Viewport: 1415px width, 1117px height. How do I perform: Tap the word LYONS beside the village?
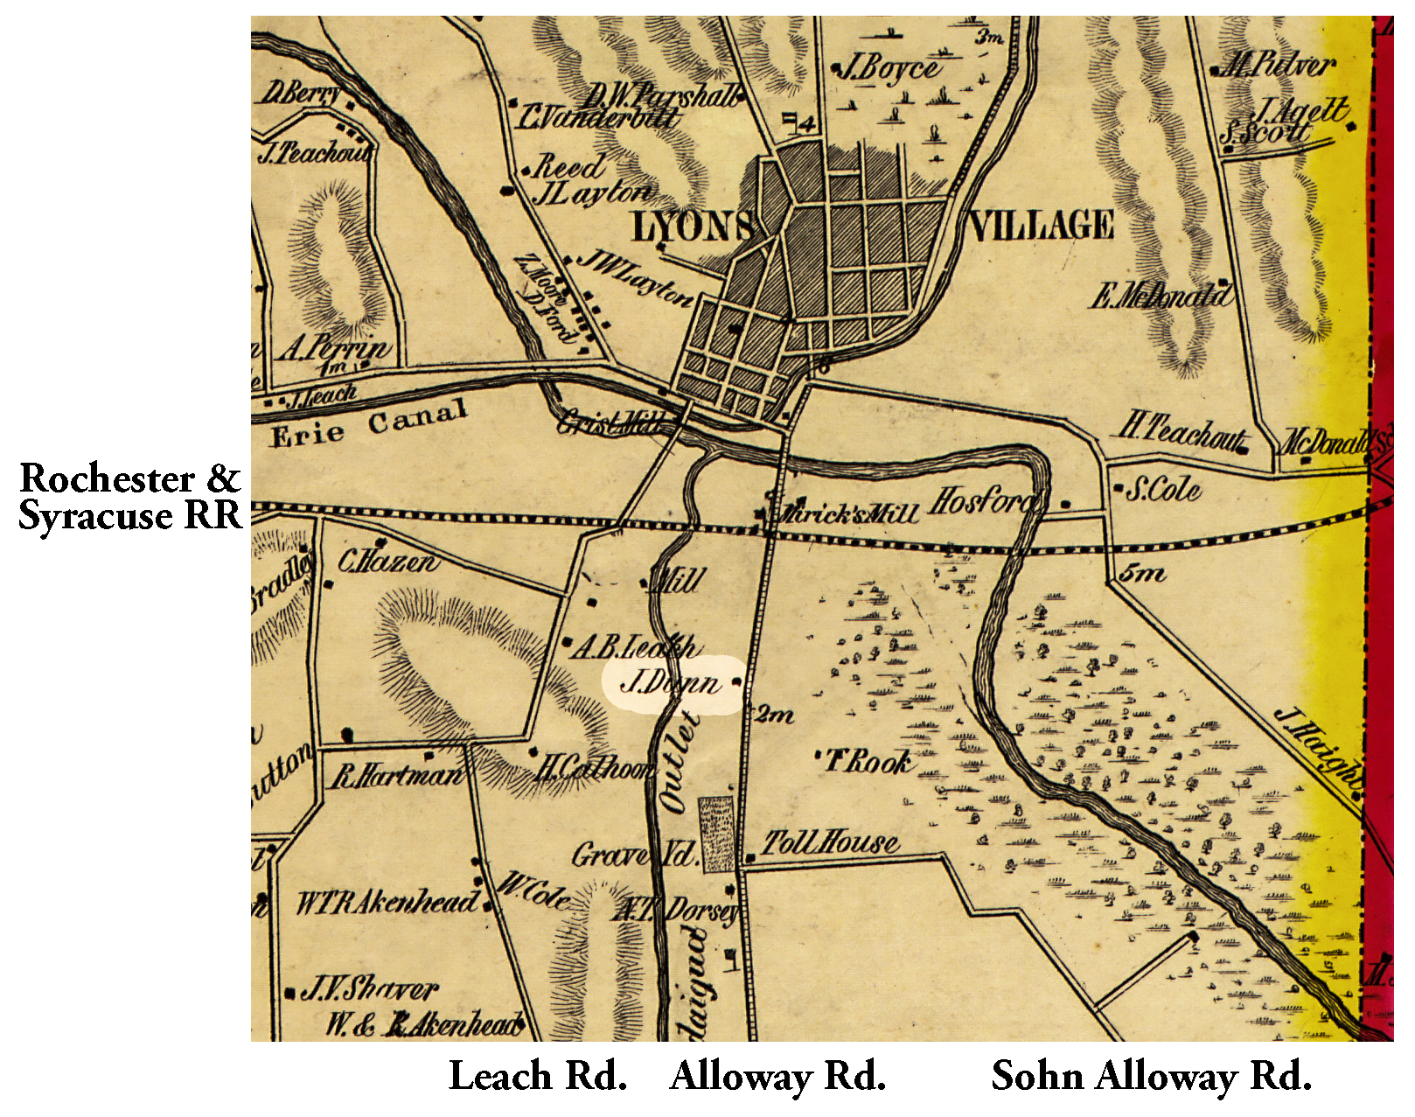pos(691,227)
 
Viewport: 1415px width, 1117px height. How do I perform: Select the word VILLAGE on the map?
pos(1041,226)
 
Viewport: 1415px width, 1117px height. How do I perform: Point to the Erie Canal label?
pos(368,425)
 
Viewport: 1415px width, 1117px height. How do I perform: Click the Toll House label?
pos(828,843)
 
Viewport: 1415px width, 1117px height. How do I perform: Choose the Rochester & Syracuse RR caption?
pos(129,497)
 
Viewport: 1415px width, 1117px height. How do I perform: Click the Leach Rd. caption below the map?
pos(538,1076)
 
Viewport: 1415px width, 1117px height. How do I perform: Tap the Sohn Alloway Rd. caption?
pos(1151,1076)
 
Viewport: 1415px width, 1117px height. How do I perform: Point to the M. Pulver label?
pos(1277,64)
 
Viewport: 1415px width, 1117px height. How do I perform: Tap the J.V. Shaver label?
pos(367,989)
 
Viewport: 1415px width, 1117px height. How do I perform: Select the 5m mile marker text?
pos(1142,573)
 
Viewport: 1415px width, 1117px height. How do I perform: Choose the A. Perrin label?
pos(335,348)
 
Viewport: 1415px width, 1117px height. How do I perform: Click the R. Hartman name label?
pos(395,775)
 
